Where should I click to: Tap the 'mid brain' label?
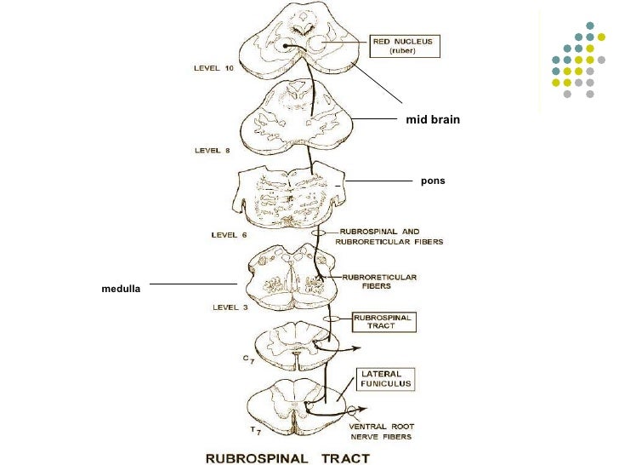434,120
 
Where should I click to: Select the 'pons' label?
434,181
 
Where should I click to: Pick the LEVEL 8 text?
212,151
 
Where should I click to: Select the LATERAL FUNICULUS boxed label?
387,379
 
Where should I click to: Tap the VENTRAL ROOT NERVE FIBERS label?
380,432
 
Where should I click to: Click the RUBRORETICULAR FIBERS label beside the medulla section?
378,280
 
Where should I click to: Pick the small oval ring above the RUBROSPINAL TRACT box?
334,319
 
